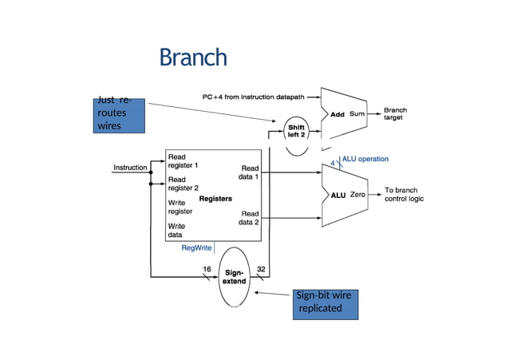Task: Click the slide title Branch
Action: click(x=192, y=58)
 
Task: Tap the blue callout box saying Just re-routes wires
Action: click(x=119, y=115)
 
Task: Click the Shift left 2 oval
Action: click(x=296, y=131)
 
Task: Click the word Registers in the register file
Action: click(x=215, y=197)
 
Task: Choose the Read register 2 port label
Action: click(x=183, y=184)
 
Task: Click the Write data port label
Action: click(x=177, y=231)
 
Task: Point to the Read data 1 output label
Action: click(x=250, y=172)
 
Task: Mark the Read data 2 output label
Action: click(x=250, y=218)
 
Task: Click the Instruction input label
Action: click(x=130, y=168)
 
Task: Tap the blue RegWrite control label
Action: click(x=196, y=249)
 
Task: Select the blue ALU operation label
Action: click(x=365, y=159)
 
